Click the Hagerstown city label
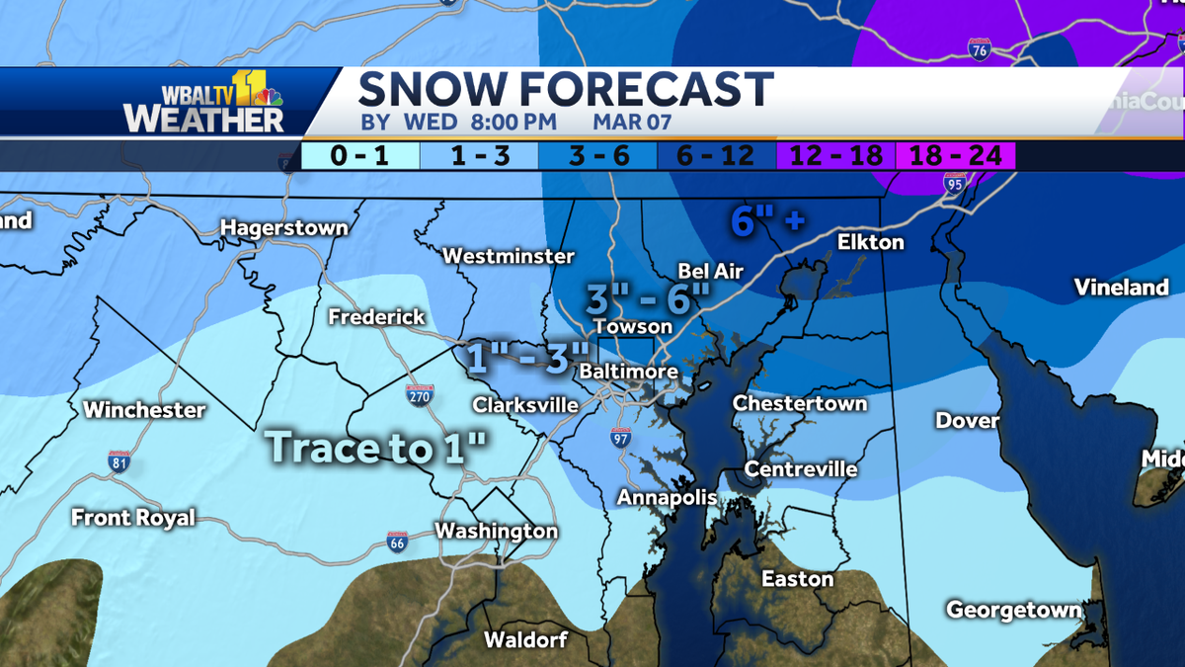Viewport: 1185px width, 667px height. pos(283,228)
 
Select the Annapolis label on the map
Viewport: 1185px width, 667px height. pos(667,498)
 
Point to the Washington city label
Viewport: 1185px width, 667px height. pos(496,531)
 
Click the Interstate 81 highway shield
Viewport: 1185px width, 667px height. pos(118,460)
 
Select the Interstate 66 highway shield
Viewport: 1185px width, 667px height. pos(396,542)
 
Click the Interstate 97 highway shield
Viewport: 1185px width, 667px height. pos(619,438)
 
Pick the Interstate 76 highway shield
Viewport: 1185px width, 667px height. pos(979,50)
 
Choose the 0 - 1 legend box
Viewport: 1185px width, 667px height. pos(359,155)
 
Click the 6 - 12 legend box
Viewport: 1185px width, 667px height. pos(717,155)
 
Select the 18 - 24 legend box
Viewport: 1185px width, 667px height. pos(955,155)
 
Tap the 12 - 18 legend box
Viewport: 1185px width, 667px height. pos(835,155)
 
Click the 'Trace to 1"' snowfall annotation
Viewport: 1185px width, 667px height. pos(377,447)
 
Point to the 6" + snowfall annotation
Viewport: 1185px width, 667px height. pos(767,220)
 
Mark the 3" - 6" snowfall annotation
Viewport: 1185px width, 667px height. pos(648,296)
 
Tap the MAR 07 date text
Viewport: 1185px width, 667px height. pos(633,123)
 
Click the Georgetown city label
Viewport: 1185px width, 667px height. pos(1013,610)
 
